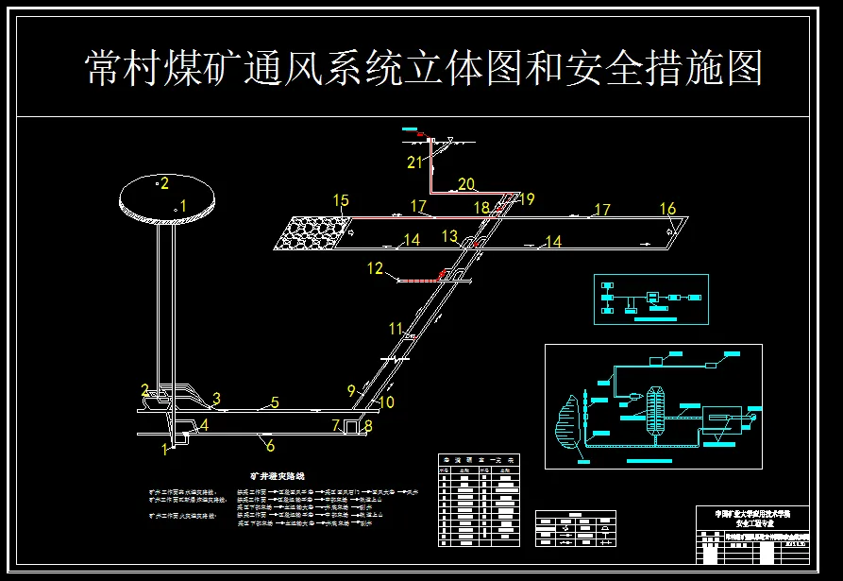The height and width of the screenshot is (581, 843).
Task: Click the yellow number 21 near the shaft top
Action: pyautogui.click(x=414, y=162)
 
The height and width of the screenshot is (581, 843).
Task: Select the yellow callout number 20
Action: pyautogui.click(x=466, y=183)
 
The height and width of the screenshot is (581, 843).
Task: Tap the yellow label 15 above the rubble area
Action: pyautogui.click(x=341, y=200)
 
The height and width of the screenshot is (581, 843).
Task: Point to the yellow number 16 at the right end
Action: pyautogui.click(x=667, y=209)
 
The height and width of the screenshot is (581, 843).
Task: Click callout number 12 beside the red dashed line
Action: pyautogui.click(x=376, y=269)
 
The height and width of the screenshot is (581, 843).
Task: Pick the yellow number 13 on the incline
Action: pyautogui.click(x=450, y=235)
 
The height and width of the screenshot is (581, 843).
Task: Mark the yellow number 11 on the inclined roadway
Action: pyautogui.click(x=396, y=329)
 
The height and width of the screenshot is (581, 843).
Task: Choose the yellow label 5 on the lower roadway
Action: pyautogui.click(x=275, y=403)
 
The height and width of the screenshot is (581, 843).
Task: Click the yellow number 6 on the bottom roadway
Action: pyautogui.click(x=270, y=446)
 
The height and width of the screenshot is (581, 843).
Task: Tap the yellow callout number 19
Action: pyautogui.click(x=527, y=199)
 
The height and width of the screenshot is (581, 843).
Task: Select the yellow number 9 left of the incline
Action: pyautogui.click(x=351, y=389)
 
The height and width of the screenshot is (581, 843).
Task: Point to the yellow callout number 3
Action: pyautogui.click(x=216, y=399)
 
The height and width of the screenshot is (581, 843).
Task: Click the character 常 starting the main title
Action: pyautogui.click(x=104, y=69)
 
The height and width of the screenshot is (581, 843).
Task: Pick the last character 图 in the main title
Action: pyautogui.click(x=744, y=69)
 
